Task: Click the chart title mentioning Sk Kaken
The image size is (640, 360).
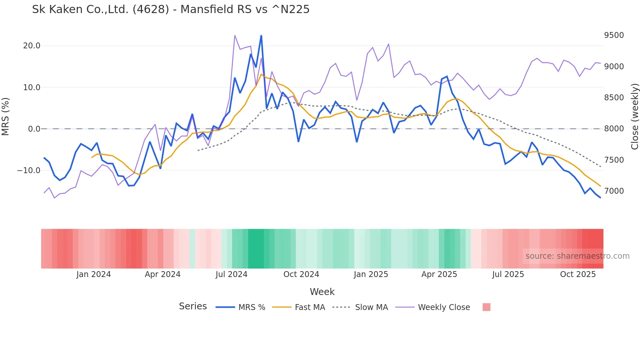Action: tap(170, 9)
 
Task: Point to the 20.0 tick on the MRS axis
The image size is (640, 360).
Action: tap(32, 46)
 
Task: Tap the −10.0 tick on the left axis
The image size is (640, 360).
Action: tap(29, 171)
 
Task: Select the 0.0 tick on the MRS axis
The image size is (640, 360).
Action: tap(34, 129)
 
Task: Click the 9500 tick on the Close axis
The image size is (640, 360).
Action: tap(614, 35)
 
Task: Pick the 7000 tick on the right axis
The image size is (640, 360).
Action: tap(614, 191)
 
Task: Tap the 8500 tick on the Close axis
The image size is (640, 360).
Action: tap(614, 98)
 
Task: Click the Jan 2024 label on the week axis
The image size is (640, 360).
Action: tap(94, 274)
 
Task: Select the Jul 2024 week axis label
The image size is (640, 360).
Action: tap(232, 274)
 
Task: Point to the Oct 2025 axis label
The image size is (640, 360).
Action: tap(578, 274)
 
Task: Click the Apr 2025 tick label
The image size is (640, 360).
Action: tap(439, 274)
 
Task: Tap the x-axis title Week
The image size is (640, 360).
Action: tap(322, 292)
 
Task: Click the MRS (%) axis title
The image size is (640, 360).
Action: tap(6, 117)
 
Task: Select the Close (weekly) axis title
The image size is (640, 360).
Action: tap(634, 117)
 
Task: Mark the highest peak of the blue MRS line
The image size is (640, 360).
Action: tap(261, 36)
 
